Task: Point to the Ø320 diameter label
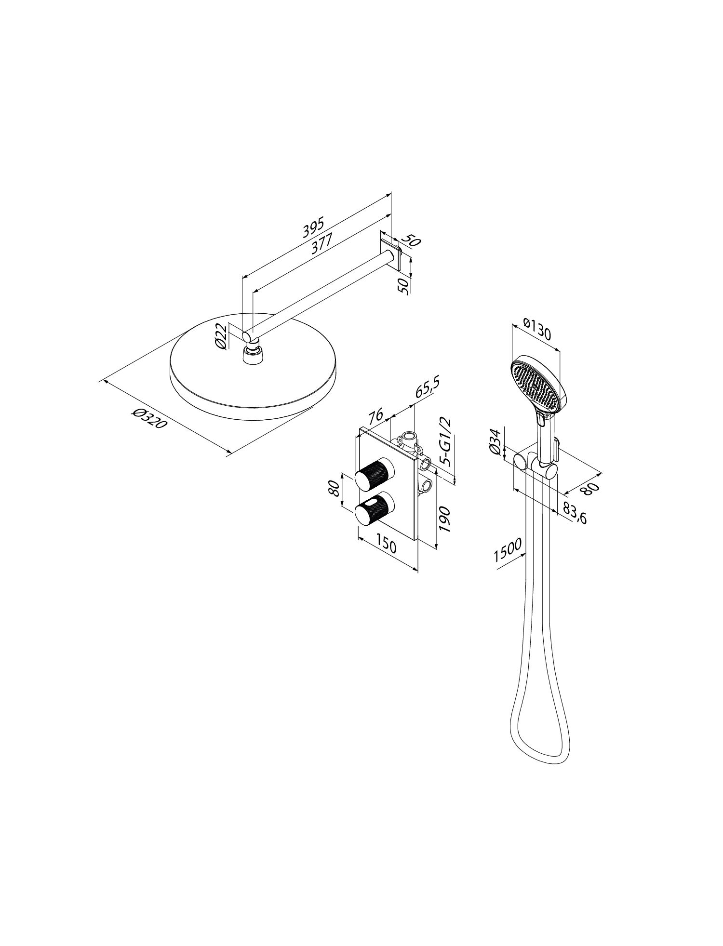149,418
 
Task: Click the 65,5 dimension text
428,388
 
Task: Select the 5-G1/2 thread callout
446,441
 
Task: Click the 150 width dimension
386,546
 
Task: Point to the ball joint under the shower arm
251,347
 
